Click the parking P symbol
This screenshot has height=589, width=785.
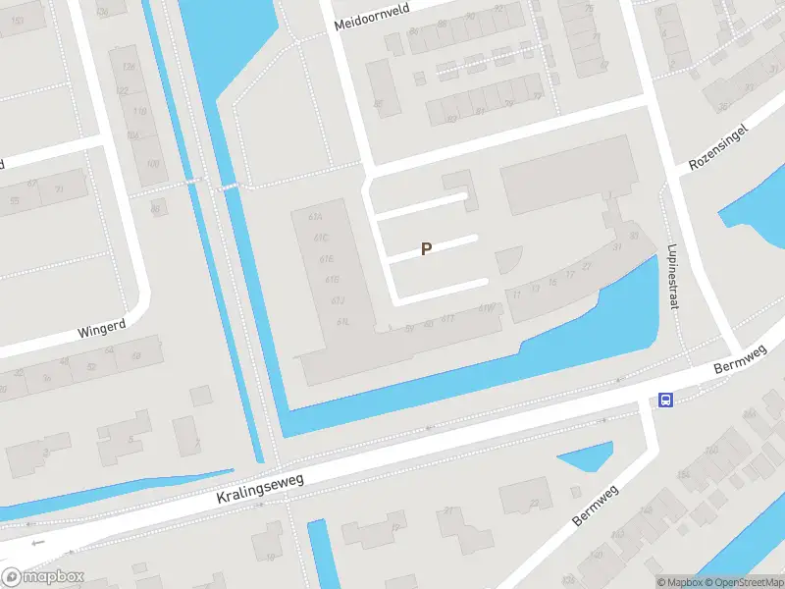[x=426, y=249]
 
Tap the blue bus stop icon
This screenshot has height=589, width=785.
[x=665, y=400]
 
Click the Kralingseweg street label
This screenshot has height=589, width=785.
[x=261, y=488]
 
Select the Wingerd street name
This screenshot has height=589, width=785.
[x=104, y=327]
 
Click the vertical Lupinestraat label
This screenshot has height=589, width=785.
[x=673, y=278]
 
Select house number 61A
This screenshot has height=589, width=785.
[x=315, y=218]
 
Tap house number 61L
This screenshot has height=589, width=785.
[x=342, y=321]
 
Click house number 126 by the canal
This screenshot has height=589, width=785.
[x=129, y=66]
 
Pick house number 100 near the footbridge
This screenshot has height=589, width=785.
[x=152, y=163]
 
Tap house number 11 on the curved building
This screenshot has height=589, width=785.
[x=516, y=294]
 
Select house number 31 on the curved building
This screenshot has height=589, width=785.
[x=618, y=246]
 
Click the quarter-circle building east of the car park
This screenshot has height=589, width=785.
[x=508, y=259]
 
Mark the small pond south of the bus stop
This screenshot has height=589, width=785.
[x=585, y=459]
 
